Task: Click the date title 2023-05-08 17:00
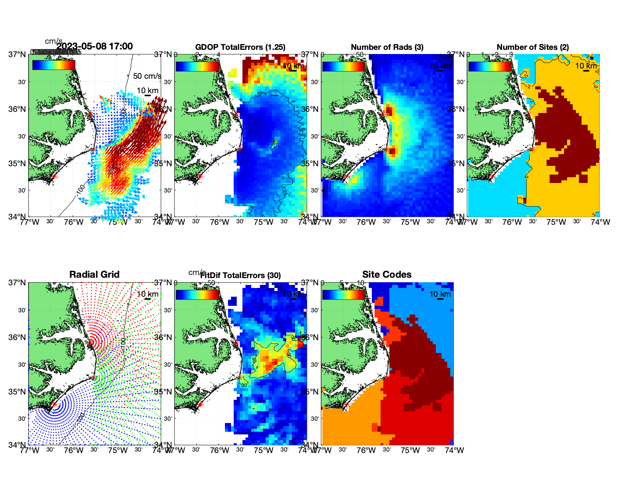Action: click(94, 46)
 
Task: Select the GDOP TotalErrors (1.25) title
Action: click(240, 47)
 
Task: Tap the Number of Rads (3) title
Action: click(387, 47)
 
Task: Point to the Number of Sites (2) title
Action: click(532, 47)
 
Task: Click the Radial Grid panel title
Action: click(94, 275)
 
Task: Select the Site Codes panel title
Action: click(387, 275)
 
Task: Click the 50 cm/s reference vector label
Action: click(147, 76)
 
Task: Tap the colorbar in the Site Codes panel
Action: click(344, 295)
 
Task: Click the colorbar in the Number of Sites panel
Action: click(490, 66)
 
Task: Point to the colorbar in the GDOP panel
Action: click(198, 66)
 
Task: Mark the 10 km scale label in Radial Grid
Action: click(148, 294)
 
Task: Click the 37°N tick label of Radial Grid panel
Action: click(18, 283)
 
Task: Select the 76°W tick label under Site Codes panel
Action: click(366, 450)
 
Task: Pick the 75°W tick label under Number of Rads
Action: click(410, 222)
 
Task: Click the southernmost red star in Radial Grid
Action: click(54, 404)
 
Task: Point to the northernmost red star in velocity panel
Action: click(90, 114)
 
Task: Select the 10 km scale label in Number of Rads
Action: click(440, 66)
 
